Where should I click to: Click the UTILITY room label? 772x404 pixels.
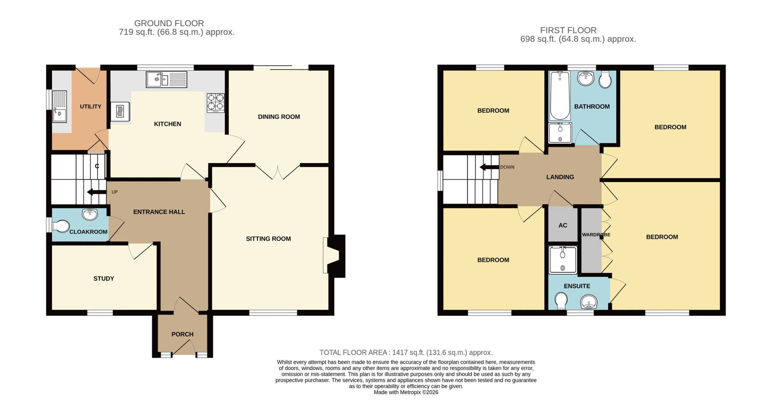coord(90,107)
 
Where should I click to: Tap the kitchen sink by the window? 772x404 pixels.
coord(166,80)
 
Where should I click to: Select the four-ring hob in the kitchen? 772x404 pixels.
coord(216,103)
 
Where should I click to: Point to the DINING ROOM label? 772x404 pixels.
coord(279,117)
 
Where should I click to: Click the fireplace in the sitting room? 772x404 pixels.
coord(334,256)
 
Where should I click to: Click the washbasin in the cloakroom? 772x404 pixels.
coord(90,215)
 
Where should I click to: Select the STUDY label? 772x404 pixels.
coord(104,278)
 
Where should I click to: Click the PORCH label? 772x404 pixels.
coord(182,334)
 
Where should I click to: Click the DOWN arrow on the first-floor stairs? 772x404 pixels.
coord(489,167)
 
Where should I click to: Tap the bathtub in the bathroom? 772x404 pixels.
coord(560,96)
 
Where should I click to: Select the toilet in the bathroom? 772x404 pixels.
coord(605,79)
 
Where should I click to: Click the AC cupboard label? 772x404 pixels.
coord(563,225)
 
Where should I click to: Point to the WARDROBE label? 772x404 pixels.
coord(596,234)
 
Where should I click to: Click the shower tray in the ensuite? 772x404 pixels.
coord(563,260)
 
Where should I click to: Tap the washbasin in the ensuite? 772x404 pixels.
coord(589,302)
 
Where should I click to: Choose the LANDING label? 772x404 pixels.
coord(560,177)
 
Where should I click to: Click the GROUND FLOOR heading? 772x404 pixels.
coord(169,23)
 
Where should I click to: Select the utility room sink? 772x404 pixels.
coord(59,107)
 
